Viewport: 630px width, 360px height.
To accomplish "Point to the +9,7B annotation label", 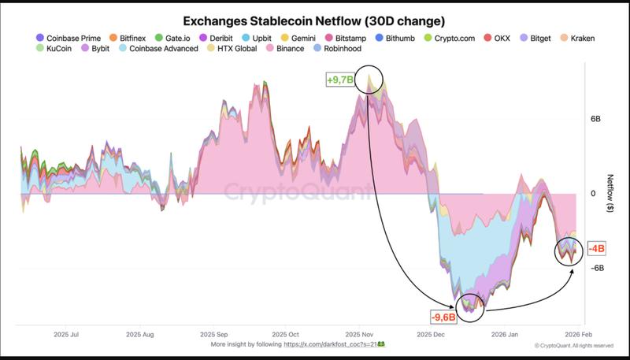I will point(340,80).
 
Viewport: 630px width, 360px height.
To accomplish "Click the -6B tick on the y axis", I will point(595,268).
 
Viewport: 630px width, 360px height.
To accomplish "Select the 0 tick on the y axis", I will point(593,193).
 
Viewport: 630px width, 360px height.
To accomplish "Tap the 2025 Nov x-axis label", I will point(358,334).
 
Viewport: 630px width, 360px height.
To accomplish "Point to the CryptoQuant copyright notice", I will point(574,345).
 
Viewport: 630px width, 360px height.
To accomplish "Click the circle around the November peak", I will point(369,80).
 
